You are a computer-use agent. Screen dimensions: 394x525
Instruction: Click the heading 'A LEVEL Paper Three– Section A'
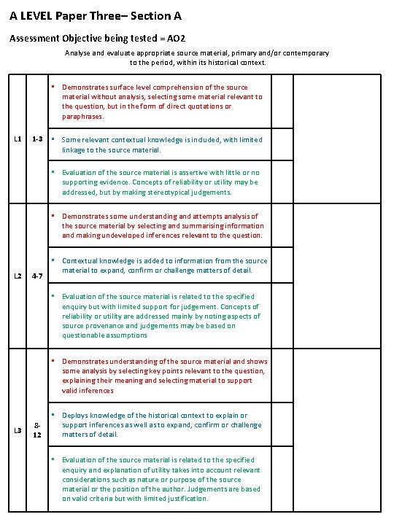[x=96, y=15]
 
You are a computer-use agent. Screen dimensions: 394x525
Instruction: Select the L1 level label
[x=18, y=139]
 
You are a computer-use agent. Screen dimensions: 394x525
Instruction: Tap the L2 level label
[x=18, y=276]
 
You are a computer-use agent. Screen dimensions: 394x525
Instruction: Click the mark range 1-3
[x=38, y=139]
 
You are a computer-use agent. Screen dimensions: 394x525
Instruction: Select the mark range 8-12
[x=38, y=429]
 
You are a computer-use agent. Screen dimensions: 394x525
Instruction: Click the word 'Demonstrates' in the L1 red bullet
[x=85, y=87]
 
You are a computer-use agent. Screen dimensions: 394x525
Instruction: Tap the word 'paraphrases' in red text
[x=83, y=116]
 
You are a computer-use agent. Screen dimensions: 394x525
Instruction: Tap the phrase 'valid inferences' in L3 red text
[x=88, y=390]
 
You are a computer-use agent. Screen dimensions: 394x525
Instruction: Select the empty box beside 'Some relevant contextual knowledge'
[x=282, y=144]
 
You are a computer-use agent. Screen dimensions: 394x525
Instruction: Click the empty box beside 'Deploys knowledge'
[x=282, y=425]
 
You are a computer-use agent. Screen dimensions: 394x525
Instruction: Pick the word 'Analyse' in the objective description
[x=78, y=53]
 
